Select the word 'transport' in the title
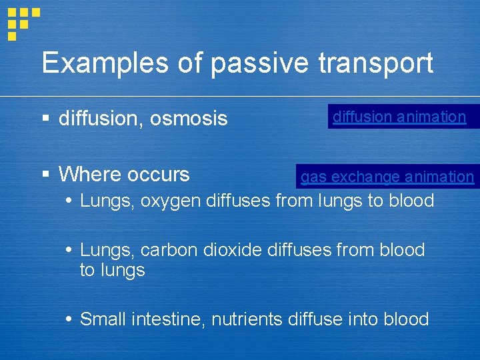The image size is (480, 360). pyautogui.click(x=376, y=64)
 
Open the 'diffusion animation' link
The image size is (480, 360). pyautogui.click(x=399, y=117)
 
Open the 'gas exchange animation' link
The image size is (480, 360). pyautogui.click(x=387, y=177)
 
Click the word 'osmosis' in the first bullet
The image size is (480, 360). pyautogui.click(x=189, y=119)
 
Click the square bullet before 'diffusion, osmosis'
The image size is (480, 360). pyautogui.click(x=45, y=119)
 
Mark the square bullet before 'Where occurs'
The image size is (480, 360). pyautogui.click(x=45, y=175)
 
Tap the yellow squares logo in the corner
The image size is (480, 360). pyautogui.click(x=21, y=21)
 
